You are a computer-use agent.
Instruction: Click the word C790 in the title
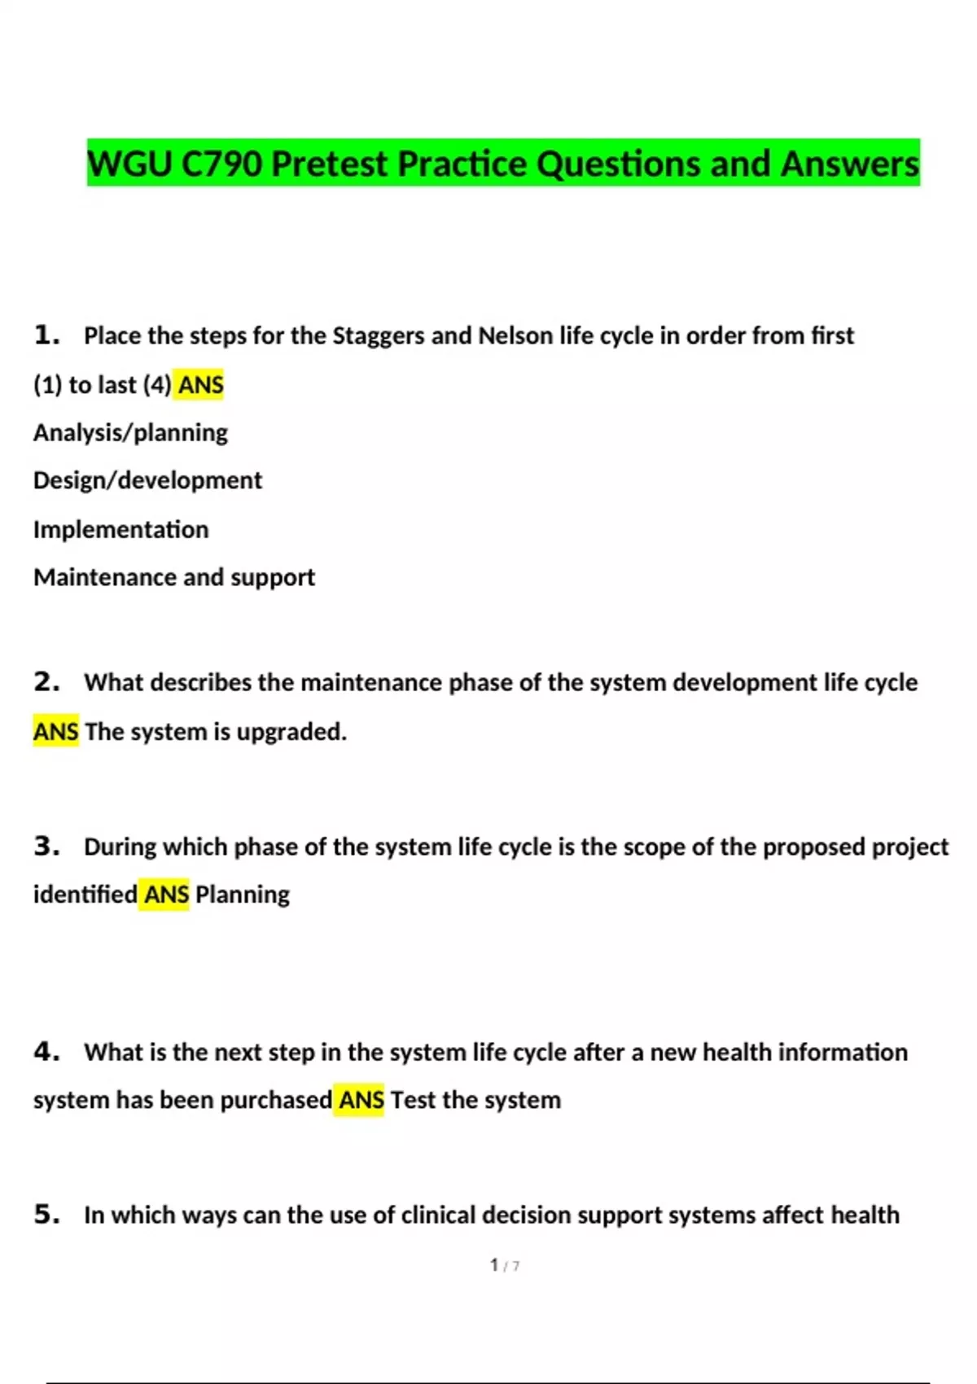point(221,164)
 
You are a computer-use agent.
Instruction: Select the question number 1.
point(46,335)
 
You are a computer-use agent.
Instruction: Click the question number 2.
point(46,681)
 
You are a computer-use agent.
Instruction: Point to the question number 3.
point(46,846)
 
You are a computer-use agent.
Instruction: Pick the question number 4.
point(46,1051)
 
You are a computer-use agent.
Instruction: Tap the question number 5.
point(46,1214)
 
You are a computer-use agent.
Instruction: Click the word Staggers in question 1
point(378,335)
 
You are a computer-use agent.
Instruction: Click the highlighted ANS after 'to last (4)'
point(200,384)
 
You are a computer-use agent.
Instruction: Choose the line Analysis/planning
point(130,432)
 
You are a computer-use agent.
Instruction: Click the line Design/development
point(147,480)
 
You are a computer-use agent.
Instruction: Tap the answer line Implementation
point(120,529)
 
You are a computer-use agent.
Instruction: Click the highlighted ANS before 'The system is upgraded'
point(55,731)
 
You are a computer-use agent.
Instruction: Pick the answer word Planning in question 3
point(242,894)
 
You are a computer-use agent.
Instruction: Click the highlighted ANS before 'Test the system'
point(361,1100)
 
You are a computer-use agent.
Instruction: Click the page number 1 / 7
point(504,1265)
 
